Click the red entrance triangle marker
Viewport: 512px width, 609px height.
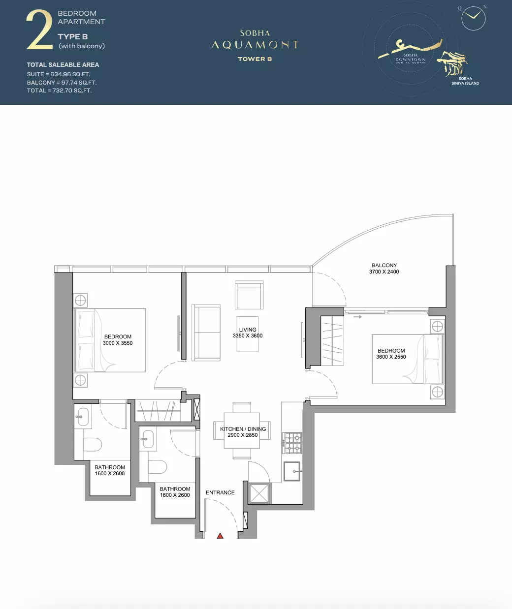[x=220, y=536]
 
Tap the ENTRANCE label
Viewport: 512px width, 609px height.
[x=220, y=492]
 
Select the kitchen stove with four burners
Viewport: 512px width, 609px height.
[x=292, y=443]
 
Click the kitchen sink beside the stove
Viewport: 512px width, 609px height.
[x=292, y=471]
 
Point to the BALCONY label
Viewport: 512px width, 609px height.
[x=384, y=266]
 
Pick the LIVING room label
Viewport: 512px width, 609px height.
[x=248, y=330]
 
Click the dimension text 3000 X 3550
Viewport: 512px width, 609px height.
[x=118, y=343]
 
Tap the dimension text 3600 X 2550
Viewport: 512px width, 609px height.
[x=391, y=357]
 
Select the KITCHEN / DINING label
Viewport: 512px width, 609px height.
[x=243, y=429]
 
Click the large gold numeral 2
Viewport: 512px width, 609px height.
[x=39, y=30]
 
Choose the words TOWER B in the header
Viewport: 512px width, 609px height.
[x=255, y=59]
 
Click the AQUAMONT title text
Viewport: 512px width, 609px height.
[x=255, y=45]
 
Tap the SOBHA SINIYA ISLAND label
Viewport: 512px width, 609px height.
[x=465, y=81]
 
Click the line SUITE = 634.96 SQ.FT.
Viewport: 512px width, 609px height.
[x=59, y=74]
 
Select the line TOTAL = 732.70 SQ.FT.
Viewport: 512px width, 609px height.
[x=59, y=91]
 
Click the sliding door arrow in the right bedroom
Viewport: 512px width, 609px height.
[x=357, y=317]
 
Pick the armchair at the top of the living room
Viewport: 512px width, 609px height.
[x=249, y=295]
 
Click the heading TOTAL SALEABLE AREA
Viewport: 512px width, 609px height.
[x=63, y=65]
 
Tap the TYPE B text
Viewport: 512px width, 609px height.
[x=73, y=37]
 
